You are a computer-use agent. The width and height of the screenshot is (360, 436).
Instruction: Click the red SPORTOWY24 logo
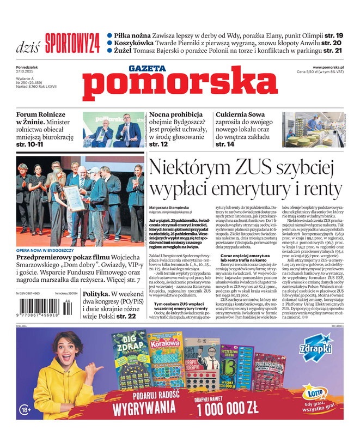coord(72,41)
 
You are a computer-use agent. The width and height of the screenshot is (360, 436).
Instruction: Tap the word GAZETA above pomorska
coord(147,69)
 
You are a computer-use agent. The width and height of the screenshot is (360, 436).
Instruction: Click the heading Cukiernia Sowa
coord(240,115)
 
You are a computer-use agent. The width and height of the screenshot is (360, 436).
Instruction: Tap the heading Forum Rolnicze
coord(41,115)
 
